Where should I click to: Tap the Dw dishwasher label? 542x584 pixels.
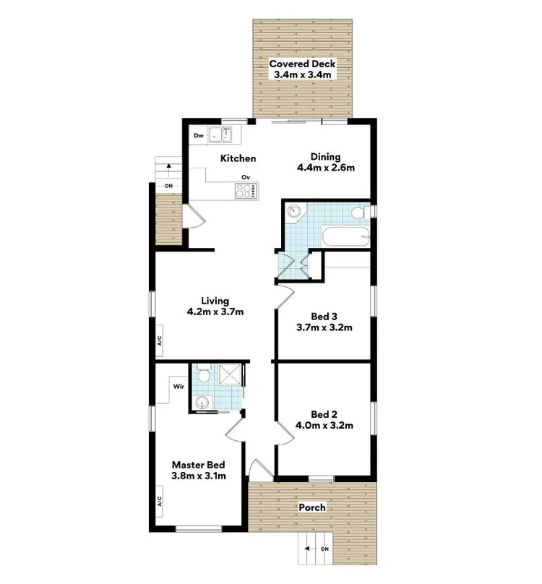[x=199, y=135]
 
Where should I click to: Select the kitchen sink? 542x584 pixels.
[x=221, y=134]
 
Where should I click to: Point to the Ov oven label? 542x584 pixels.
[x=246, y=176]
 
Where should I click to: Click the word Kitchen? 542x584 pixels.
[x=238, y=158]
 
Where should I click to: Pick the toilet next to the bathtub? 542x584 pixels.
[x=358, y=212]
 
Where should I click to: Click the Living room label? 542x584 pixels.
[x=215, y=301]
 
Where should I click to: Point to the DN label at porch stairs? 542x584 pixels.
[x=324, y=551]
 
